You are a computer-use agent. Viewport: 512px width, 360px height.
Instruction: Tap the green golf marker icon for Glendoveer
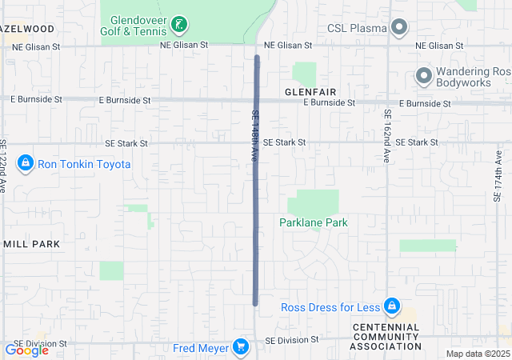(x=179, y=26)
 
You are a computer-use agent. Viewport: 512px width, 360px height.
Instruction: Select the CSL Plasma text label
(x=358, y=29)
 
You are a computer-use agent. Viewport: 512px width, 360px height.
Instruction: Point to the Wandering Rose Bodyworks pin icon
(x=422, y=76)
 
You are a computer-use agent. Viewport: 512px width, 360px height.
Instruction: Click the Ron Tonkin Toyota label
(x=84, y=164)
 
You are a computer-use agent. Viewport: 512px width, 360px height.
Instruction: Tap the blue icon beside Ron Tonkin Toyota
(x=26, y=164)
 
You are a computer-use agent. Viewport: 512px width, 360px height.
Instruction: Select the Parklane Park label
(x=314, y=222)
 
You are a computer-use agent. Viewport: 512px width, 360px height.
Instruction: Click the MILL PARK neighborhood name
(x=32, y=243)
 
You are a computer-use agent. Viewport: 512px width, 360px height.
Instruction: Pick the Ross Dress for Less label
(x=330, y=307)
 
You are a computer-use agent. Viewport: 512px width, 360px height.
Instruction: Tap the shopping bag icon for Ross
(x=392, y=306)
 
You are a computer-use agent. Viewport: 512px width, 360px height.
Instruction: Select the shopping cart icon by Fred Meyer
(x=240, y=346)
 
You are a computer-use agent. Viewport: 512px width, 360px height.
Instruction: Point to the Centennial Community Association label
(x=387, y=337)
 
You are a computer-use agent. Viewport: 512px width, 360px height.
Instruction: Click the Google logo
(x=26, y=350)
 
